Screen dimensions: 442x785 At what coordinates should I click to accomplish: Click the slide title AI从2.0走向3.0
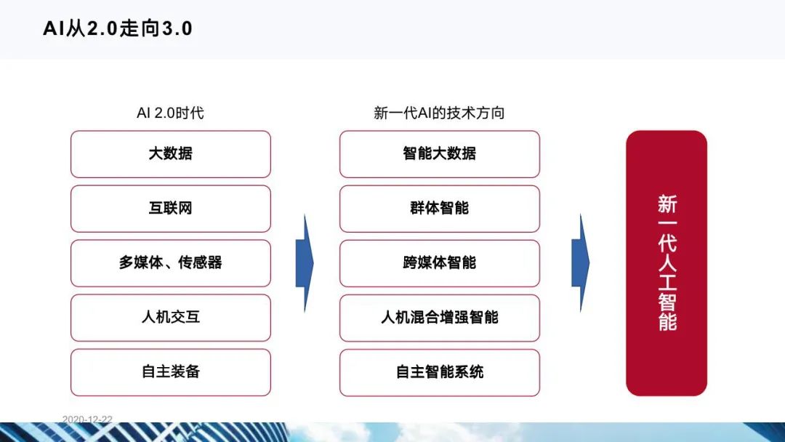[x=117, y=28]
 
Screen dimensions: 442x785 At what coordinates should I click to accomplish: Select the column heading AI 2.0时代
[x=170, y=113]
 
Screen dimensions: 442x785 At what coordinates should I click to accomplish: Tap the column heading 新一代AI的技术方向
[x=439, y=113]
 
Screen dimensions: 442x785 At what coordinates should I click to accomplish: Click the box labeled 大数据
[x=170, y=154]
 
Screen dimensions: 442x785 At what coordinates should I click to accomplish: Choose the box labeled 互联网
[x=170, y=209]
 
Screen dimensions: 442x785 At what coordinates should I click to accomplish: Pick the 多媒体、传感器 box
[x=170, y=263]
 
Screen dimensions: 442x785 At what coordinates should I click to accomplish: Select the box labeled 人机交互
[x=170, y=318]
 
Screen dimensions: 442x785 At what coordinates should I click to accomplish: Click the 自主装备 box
[x=170, y=372]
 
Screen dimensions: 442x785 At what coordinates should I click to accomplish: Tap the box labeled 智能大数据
[x=439, y=154]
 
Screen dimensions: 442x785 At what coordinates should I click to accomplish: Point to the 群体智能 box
[x=439, y=209]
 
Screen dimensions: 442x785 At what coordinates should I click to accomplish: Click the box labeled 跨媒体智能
[x=439, y=263]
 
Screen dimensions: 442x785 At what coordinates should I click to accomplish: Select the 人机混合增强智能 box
[x=439, y=318]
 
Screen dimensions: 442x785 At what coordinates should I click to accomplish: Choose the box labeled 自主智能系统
[x=439, y=372]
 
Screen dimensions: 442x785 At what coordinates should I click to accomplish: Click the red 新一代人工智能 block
[x=667, y=263]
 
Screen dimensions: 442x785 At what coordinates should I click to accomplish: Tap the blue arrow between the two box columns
[x=304, y=262]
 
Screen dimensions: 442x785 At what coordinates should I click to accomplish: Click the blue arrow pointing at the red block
[x=580, y=262]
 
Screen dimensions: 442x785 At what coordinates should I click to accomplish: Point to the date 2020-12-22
[x=87, y=419]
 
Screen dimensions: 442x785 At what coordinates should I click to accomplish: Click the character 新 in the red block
[x=667, y=204]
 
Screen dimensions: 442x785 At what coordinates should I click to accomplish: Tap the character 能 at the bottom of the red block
[x=667, y=321]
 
